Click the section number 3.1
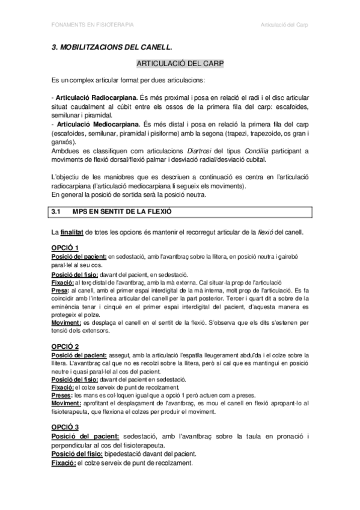tap(57, 212)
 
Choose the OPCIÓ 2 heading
tap(66, 346)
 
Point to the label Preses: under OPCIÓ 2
tap(62, 395)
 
